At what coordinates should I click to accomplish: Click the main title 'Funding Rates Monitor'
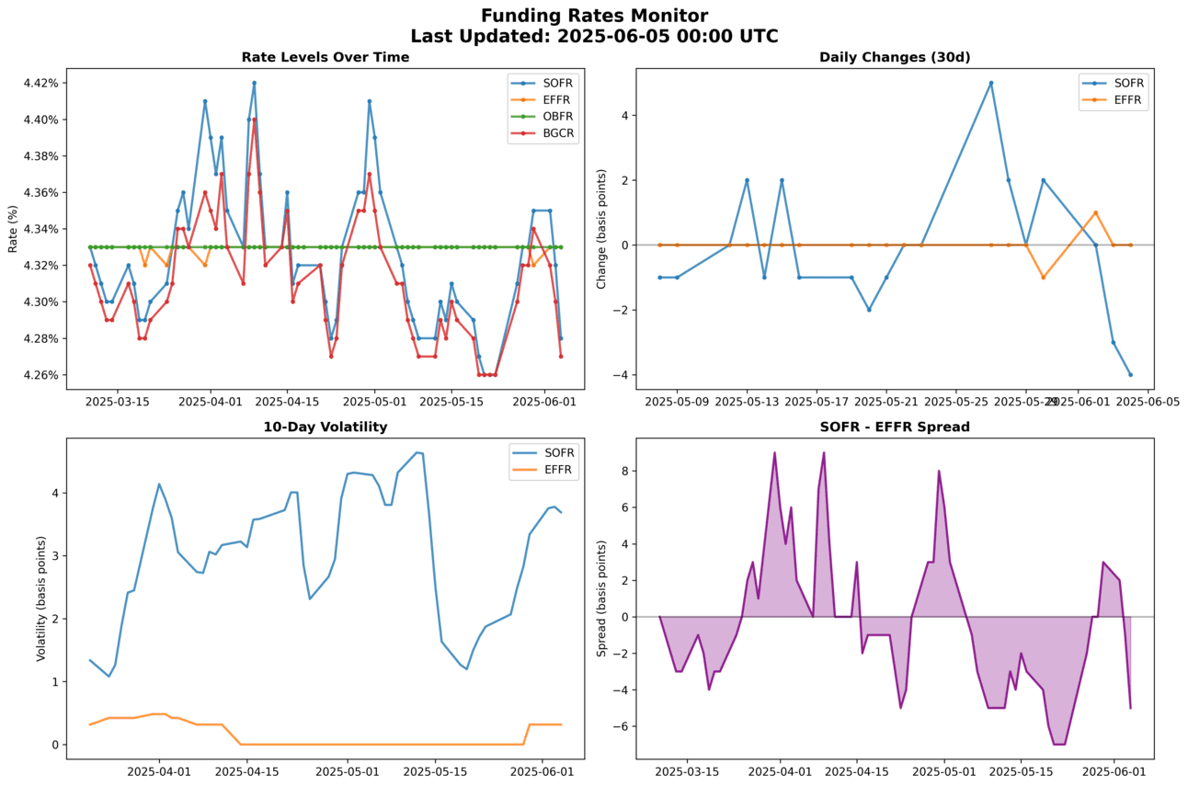tap(594, 16)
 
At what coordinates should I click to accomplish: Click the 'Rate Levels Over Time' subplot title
tap(326, 57)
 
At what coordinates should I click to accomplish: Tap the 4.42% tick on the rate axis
tap(40, 83)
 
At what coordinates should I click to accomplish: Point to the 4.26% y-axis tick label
tap(40, 375)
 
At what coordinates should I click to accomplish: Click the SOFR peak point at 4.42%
tap(254, 83)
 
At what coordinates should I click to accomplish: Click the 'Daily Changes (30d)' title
tap(895, 57)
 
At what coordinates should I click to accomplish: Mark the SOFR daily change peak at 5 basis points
tap(991, 83)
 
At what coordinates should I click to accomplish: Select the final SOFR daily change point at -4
tap(1130, 374)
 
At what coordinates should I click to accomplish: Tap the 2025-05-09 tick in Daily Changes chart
tap(677, 402)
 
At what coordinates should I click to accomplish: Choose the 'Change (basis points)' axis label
tap(601, 229)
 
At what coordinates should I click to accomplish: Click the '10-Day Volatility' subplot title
tap(326, 427)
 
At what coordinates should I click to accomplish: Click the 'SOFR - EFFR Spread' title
tap(895, 427)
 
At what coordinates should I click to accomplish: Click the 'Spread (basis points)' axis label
tap(601, 598)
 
